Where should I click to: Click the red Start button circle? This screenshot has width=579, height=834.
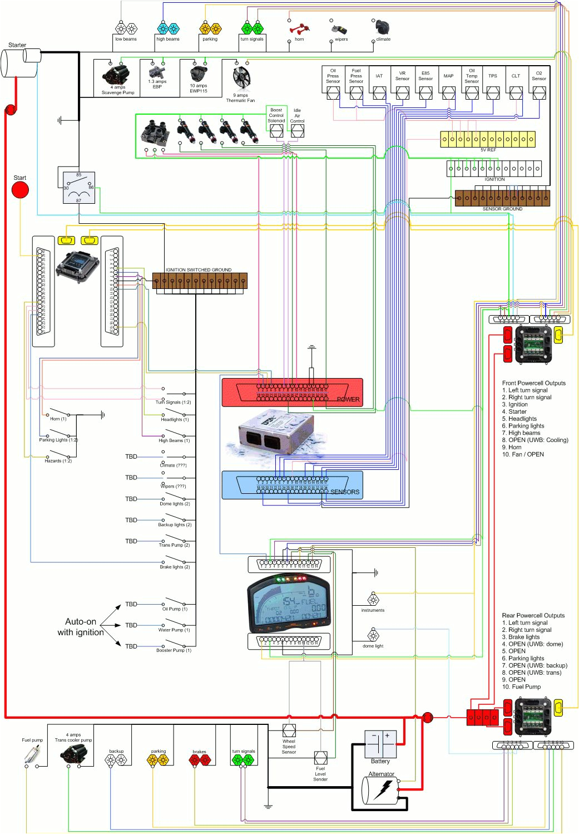click(20, 190)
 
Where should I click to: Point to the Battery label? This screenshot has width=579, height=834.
click(380, 761)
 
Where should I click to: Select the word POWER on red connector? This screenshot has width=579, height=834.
click(348, 399)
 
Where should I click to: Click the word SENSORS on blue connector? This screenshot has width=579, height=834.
click(345, 492)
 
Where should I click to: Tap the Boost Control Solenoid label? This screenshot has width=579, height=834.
click(276, 115)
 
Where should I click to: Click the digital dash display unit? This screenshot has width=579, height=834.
click(289, 604)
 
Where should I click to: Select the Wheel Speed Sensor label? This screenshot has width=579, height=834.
click(289, 747)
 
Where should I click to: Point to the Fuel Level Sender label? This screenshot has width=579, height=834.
click(320, 774)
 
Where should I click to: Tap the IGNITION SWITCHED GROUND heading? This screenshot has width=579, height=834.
click(199, 269)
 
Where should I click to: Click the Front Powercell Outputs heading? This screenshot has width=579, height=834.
click(533, 383)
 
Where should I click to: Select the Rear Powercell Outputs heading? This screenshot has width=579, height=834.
click(533, 615)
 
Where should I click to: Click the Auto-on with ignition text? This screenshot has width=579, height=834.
click(81, 627)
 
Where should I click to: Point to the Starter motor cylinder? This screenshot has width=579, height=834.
click(21, 61)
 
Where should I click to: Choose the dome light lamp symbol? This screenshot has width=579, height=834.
click(373, 635)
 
